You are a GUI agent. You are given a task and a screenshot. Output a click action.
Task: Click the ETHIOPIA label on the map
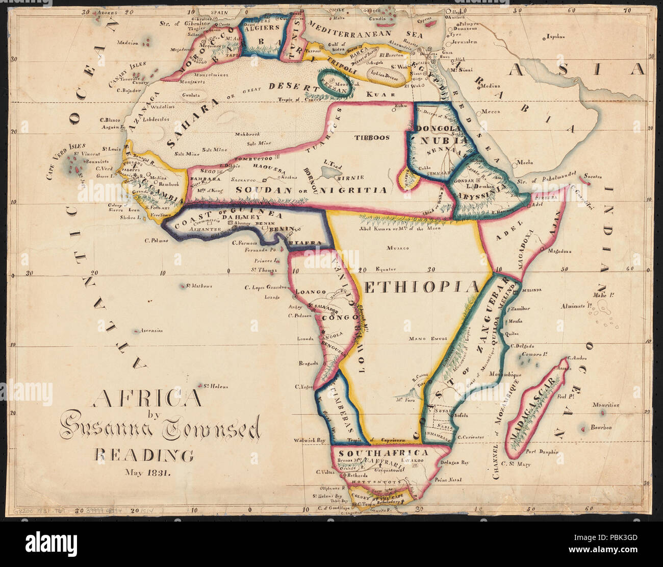click(x=422, y=287)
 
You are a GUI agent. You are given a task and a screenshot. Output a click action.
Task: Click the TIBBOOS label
click(x=372, y=137)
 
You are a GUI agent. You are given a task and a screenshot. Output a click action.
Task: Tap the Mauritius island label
click(x=605, y=405)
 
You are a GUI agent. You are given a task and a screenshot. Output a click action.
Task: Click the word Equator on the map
click(x=385, y=269)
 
